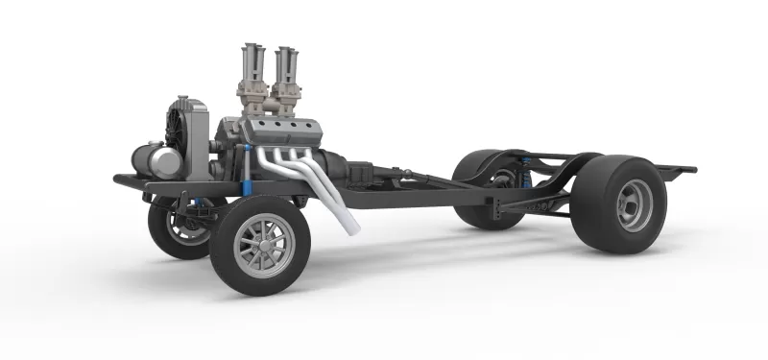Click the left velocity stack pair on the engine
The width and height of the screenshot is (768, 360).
coord(253,72)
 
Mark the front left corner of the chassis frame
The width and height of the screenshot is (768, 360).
coord(120,179)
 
